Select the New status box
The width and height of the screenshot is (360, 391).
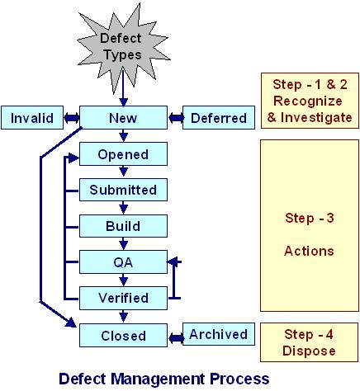pyautogui.click(x=122, y=118)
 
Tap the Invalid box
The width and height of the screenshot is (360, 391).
pyautogui.click(x=32, y=118)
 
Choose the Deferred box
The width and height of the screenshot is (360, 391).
pyautogui.click(x=218, y=118)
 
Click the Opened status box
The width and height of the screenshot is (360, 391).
pyautogui.click(x=123, y=154)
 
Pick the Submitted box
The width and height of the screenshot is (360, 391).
pyautogui.click(x=123, y=190)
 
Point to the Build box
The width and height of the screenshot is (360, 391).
pyautogui.click(x=123, y=226)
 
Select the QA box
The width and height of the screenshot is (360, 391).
pyautogui.click(x=123, y=262)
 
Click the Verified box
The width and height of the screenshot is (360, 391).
pyautogui.click(x=123, y=298)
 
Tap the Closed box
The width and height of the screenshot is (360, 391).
pyautogui.click(x=123, y=336)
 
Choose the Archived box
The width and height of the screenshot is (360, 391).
pyautogui.click(x=218, y=334)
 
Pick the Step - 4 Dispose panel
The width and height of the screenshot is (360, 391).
pyautogui.click(x=306, y=342)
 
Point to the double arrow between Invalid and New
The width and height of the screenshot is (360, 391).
pyautogui.click(x=71, y=118)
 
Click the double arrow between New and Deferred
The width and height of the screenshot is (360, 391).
pyautogui.click(x=174, y=118)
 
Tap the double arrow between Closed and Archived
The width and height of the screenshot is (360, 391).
pyautogui.click(x=174, y=336)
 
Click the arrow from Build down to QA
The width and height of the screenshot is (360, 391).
pyautogui.click(x=123, y=244)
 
